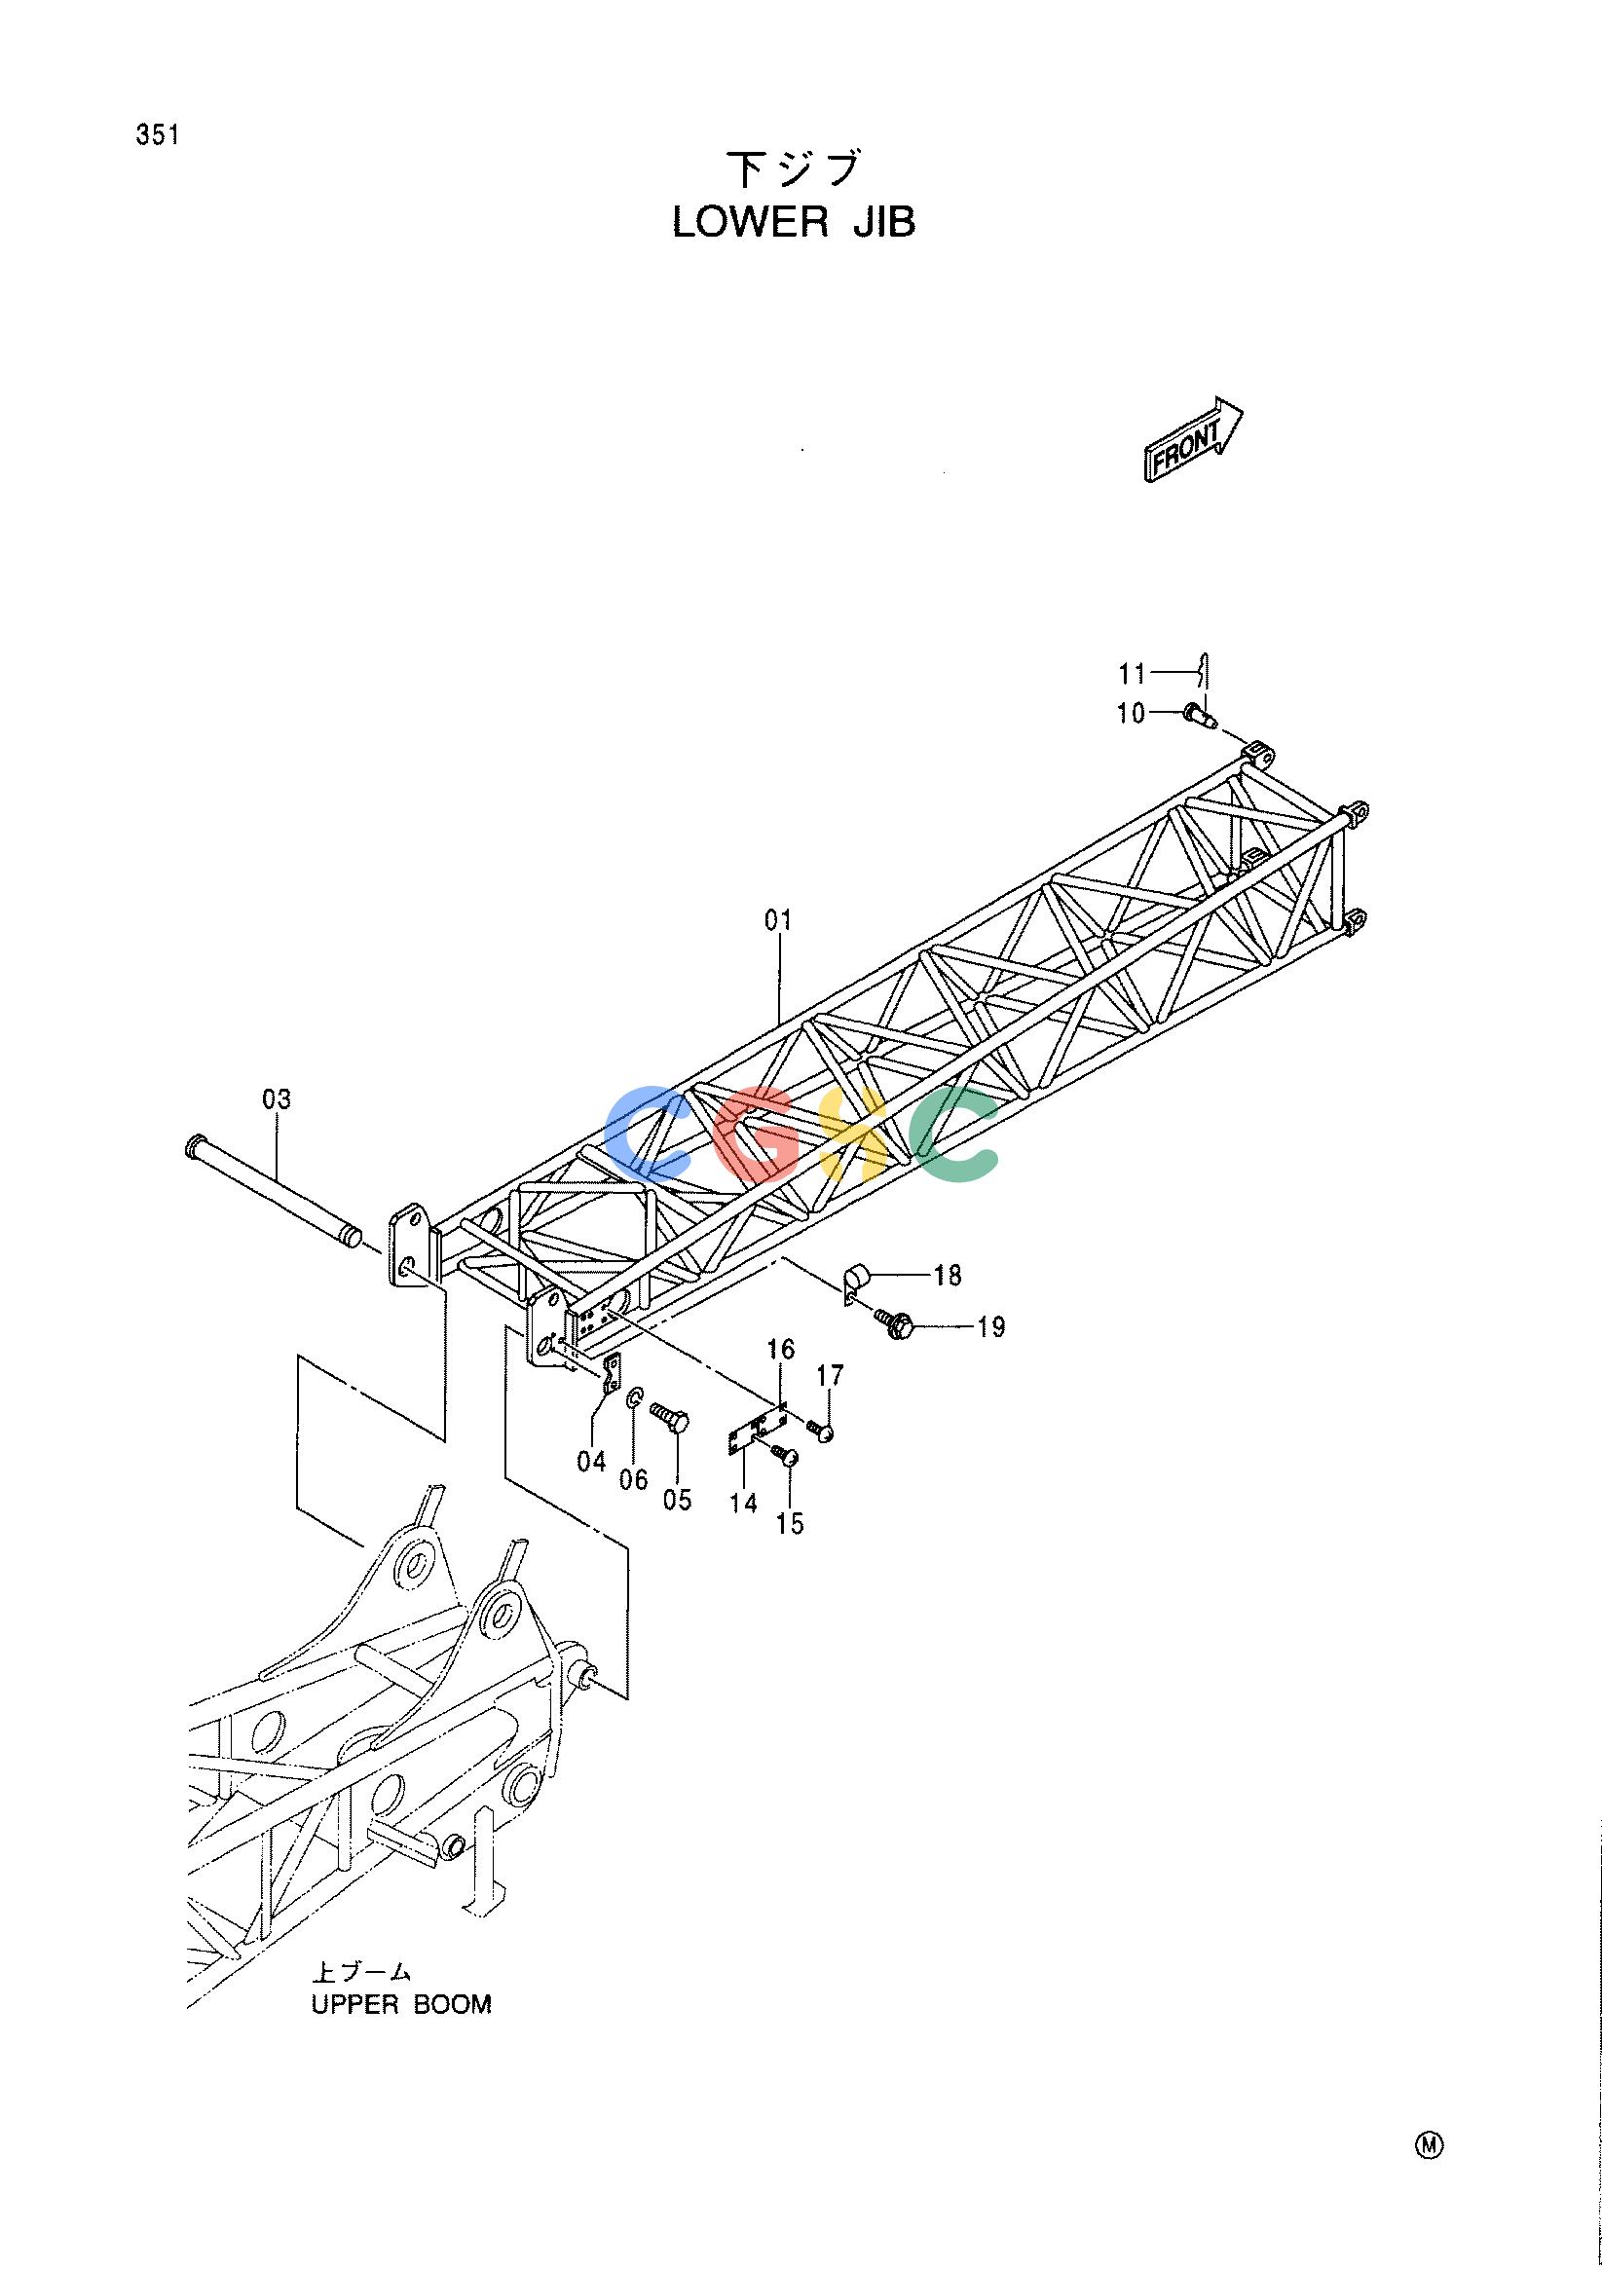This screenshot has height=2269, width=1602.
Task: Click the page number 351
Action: (x=158, y=135)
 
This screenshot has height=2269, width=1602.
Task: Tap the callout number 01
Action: (x=779, y=921)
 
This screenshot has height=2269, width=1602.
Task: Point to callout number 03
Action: (x=278, y=1097)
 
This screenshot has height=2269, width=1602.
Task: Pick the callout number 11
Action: (x=1133, y=674)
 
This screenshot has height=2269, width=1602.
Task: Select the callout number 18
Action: (x=947, y=1276)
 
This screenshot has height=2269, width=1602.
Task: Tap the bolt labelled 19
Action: (x=893, y=1323)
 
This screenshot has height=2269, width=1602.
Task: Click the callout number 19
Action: (x=990, y=1327)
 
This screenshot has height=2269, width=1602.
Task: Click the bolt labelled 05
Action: (x=670, y=1416)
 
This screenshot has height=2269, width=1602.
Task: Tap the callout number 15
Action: (x=790, y=1524)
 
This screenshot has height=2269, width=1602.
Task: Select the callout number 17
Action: (x=830, y=1375)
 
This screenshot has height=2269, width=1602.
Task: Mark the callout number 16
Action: (x=781, y=1349)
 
